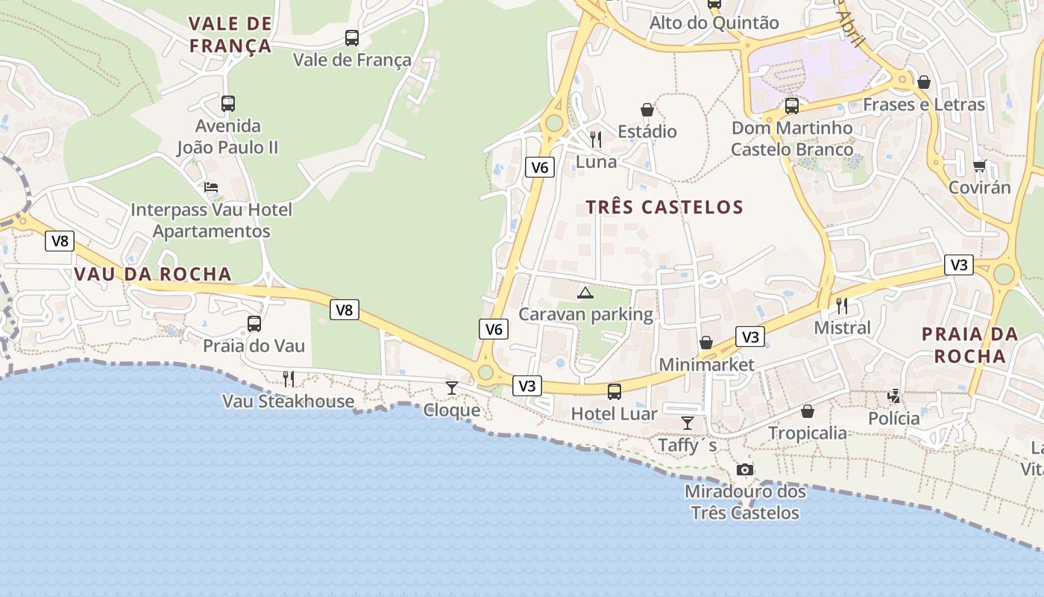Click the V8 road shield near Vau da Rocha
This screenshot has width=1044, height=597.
point(60,240)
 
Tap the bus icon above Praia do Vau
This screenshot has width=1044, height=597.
point(254,324)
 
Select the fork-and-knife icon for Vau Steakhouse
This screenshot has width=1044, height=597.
point(289,379)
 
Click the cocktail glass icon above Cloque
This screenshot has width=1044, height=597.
point(451,387)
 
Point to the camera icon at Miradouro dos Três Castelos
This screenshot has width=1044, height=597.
point(744,469)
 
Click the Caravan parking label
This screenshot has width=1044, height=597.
point(585,314)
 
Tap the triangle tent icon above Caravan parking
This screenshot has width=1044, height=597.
point(585,292)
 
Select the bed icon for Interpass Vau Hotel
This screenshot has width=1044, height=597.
point(211,187)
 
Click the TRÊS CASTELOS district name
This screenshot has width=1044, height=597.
point(664,207)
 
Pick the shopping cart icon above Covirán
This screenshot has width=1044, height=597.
point(979,166)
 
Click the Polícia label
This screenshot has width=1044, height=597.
point(893,419)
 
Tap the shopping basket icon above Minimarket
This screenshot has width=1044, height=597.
point(705,343)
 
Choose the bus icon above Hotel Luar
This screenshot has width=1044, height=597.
point(614,391)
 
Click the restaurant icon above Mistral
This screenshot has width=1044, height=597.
point(841,305)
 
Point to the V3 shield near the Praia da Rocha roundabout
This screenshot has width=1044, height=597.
point(959,265)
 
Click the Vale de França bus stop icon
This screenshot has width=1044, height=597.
point(351,37)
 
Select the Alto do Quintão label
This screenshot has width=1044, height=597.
point(714,23)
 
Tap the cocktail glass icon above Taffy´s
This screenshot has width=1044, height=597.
point(687,423)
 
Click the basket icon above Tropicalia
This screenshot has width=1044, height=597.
point(807,411)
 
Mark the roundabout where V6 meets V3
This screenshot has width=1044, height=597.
point(485,372)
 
